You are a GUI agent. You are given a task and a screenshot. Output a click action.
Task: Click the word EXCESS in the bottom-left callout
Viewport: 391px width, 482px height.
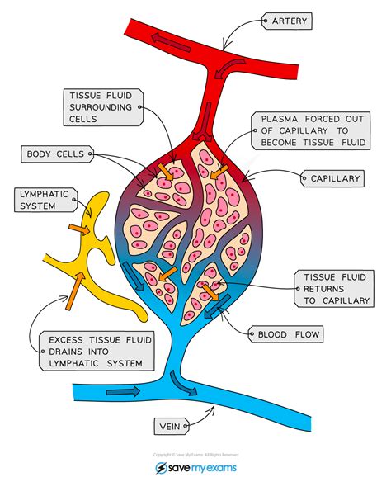click(x=62, y=339)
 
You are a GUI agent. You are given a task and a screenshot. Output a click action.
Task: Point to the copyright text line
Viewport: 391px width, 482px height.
click(x=195, y=454)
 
